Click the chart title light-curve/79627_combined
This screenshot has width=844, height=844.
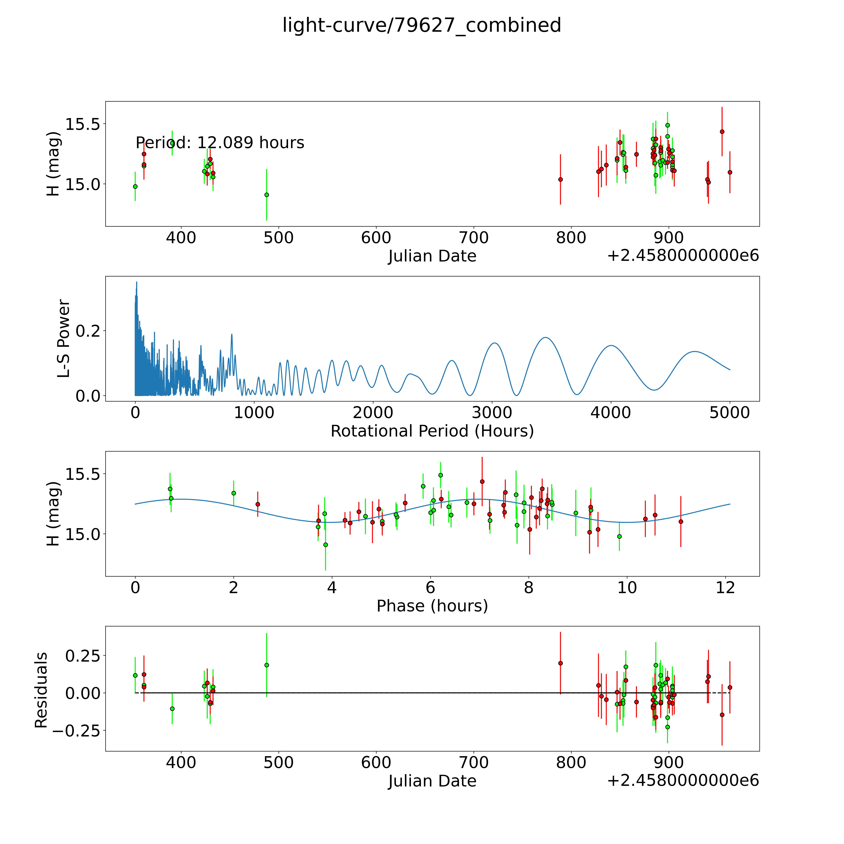(422, 25)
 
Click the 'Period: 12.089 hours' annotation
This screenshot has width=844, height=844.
(220, 143)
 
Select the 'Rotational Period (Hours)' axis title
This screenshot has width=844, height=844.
(432, 431)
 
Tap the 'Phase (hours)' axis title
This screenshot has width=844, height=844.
(432, 606)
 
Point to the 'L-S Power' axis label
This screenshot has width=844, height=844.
(64, 339)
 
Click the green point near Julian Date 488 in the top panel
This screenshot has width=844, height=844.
(266, 195)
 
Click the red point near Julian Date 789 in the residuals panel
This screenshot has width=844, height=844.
(560, 663)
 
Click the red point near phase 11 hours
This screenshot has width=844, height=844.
(681, 522)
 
